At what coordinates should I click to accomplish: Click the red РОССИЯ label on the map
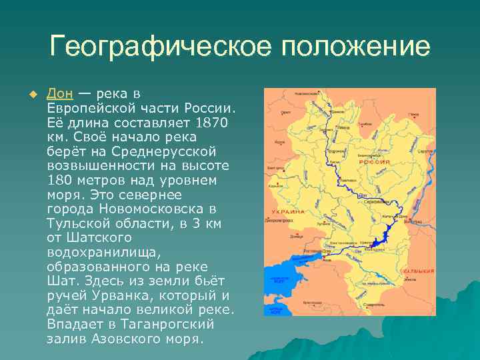point(375,162)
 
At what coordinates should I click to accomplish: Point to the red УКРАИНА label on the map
point(289,212)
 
